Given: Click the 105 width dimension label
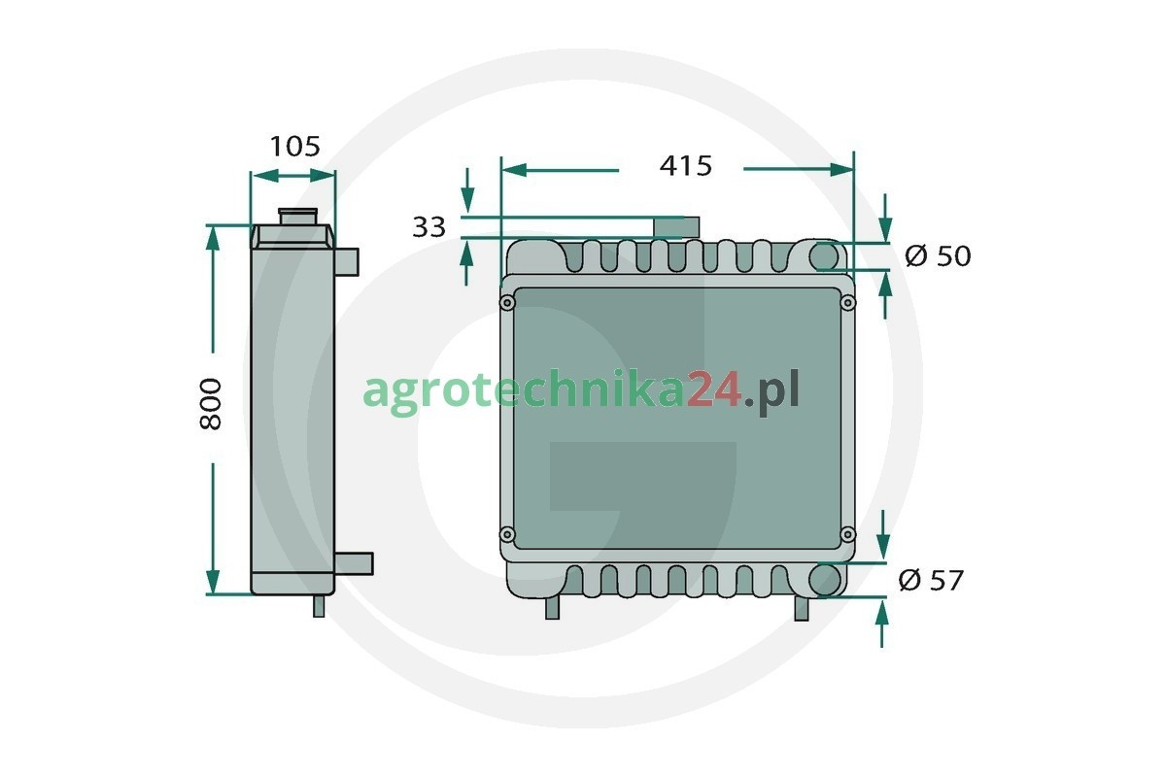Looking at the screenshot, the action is pos(294,147).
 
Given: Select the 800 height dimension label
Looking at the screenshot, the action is pos(210,404).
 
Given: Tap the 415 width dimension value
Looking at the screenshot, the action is pos(686,166).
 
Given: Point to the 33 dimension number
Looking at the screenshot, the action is pos(429,227).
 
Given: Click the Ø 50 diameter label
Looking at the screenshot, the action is pos(938,255).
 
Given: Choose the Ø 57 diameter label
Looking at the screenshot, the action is pos(931,580).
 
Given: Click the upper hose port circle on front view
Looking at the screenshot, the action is pos(824,256).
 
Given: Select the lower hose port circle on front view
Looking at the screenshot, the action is pos(825,579).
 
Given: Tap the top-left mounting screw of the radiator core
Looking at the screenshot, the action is pos(507,303).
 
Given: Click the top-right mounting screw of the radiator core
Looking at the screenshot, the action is pos(847,302).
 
